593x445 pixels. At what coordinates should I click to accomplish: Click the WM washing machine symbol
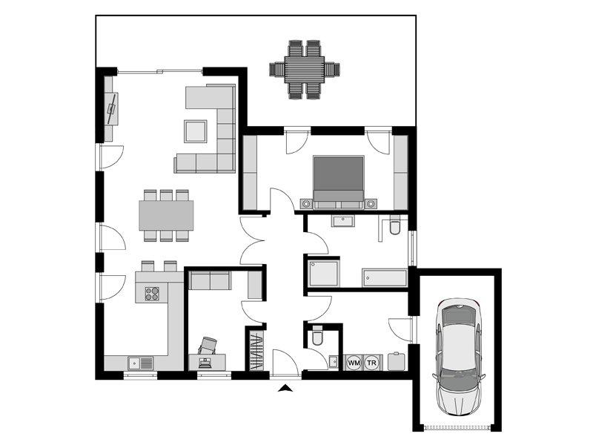click(x=354, y=363)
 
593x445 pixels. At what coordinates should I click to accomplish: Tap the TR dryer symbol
click(x=372, y=363)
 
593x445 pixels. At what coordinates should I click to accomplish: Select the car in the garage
click(x=459, y=356)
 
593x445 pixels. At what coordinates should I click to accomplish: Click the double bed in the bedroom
click(x=339, y=182)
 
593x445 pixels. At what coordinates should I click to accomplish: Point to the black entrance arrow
click(x=285, y=388)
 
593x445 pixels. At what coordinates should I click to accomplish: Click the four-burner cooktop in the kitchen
click(x=152, y=294)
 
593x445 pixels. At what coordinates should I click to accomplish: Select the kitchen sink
click(x=140, y=363)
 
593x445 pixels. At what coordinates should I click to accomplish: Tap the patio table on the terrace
click(x=305, y=70)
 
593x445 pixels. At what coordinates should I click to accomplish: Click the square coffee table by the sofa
click(x=196, y=131)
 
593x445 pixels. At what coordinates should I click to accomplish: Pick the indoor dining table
click(x=166, y=215)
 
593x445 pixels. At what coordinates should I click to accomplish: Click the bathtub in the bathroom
click(x=384, y=278)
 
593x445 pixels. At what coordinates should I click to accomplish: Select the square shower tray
click(x=324, y=273)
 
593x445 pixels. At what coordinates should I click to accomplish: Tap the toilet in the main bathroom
click(x=395, y=225)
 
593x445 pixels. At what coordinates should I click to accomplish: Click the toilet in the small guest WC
click(x=317, y=335)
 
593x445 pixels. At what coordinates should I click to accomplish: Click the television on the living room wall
click(x=112, y=108)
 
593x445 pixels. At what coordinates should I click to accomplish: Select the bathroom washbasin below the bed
click(x=344, y=220)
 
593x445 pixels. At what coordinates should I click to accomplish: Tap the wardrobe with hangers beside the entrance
click(x=256, y=351)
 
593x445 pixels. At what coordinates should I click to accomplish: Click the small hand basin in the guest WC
click(x=334, y=362)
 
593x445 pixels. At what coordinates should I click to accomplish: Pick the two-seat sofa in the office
click(x=210, y=280)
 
